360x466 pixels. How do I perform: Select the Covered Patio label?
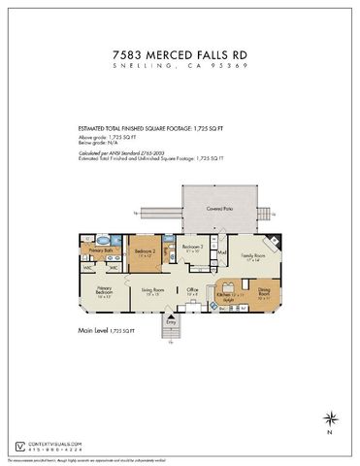click(x=220, y=209)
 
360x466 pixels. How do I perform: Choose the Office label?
click(x=194, y=289)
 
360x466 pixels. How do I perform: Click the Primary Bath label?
click(x=103, y=250)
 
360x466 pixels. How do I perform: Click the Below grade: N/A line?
click(x=96, y=144)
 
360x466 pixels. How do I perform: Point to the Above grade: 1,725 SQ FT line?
click(x=104, y=138)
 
